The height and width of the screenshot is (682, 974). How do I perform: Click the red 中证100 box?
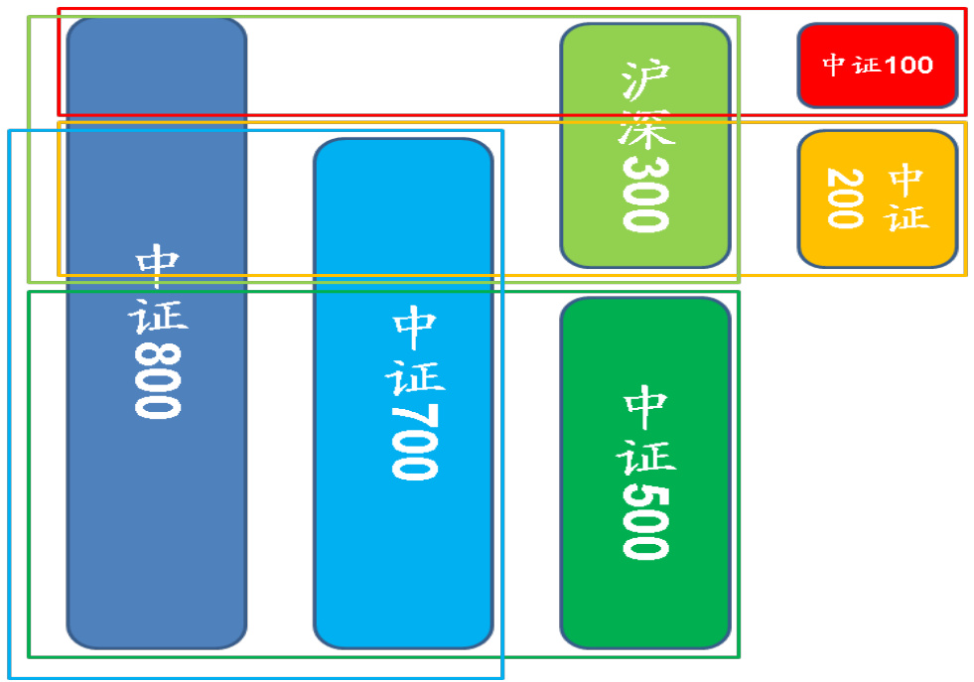(877, 66)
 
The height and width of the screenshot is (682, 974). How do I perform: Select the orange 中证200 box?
(877, 199)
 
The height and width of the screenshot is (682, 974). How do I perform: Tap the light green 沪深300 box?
(645, 145)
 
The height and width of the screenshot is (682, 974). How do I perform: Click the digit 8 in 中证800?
(157, 356)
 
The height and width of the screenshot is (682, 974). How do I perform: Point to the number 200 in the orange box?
(844, 198)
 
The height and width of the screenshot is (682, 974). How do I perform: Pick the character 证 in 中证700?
(417, 372)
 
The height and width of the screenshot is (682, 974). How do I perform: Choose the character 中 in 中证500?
(646, 405)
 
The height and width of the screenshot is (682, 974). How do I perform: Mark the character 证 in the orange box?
(907, 217)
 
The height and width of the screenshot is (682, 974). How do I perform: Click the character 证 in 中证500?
(646, 453)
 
